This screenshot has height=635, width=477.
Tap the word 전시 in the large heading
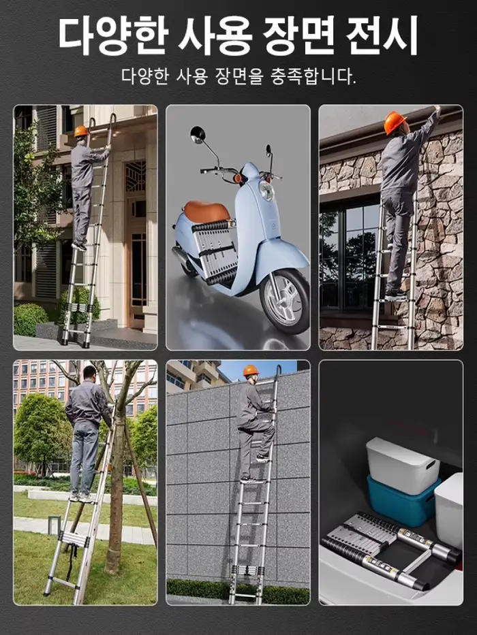coord(382,35)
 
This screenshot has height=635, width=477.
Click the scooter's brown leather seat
coord(206,212)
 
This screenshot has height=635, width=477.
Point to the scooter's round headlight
coord(266,191)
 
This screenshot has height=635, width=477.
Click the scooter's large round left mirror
coord(198,135)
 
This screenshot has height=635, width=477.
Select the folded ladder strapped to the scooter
coord(214,252)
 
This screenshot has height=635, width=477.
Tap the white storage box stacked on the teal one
coord(402,464)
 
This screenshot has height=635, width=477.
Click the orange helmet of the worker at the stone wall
coord(395,122)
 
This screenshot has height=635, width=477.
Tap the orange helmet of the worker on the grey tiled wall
coord(251,370)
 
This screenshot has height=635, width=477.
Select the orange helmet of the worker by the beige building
coord(80,131)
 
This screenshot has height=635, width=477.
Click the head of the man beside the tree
coord(90,372)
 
